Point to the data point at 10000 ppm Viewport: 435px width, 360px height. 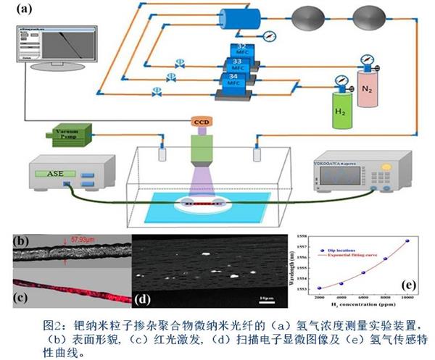[x=407, y=240]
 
